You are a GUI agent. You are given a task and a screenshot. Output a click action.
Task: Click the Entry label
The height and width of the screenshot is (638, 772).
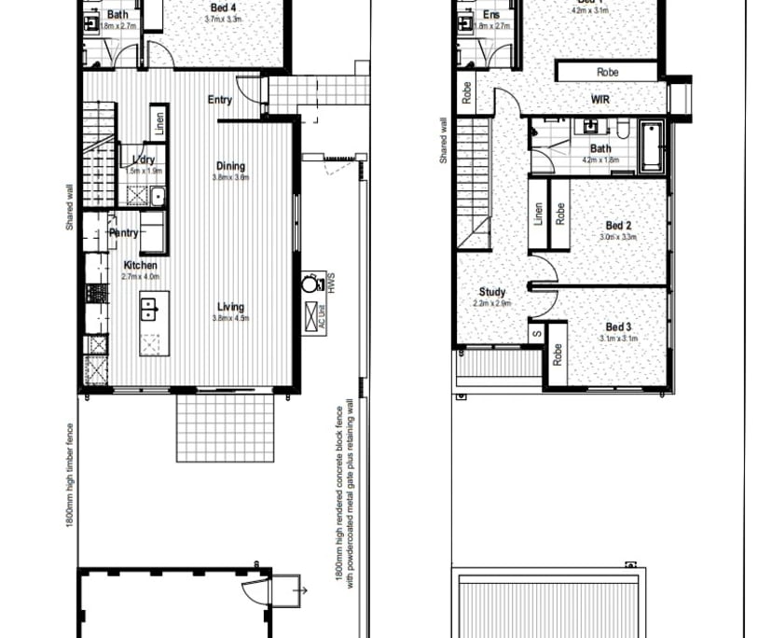coord(220,101)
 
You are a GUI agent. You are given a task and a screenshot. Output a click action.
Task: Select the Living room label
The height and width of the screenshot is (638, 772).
coord(230,307)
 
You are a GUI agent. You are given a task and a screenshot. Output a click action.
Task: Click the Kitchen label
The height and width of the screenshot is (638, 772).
coord(141,266)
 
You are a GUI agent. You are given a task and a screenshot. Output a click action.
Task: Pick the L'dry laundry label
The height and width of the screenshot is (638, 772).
coord(143,159)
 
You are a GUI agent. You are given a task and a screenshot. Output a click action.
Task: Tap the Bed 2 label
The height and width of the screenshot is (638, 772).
coord(619,226)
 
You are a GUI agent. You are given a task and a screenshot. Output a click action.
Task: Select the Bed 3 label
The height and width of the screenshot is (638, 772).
coord(619,327)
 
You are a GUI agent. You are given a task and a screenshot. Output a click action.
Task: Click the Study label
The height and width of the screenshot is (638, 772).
coord(492,293)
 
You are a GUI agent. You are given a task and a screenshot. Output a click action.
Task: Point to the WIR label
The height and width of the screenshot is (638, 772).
coord(600,100)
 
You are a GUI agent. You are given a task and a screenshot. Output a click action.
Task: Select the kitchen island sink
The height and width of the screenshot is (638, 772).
coord(148,308)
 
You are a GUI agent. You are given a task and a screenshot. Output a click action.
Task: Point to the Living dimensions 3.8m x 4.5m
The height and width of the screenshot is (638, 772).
coord(230,318)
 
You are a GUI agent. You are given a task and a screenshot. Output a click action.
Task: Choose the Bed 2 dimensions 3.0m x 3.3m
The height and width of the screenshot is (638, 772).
coord(619,237)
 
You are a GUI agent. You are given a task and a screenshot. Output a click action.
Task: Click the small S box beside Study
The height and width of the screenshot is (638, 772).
coord(536,333)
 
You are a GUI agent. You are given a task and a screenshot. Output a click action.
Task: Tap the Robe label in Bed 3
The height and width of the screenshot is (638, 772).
coord(557,354)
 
